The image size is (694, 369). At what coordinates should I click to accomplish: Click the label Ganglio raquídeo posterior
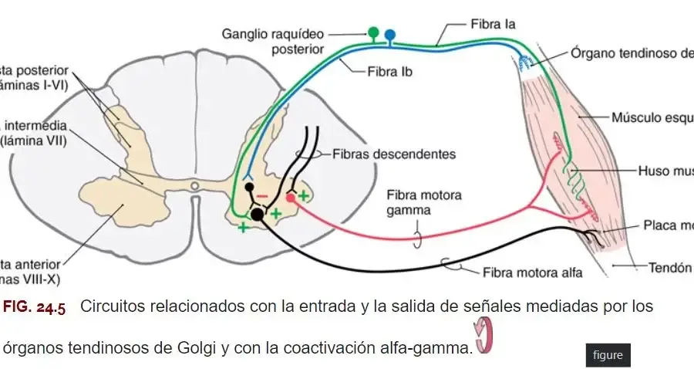[284, 42]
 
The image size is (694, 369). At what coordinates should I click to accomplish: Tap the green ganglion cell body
[373, 32]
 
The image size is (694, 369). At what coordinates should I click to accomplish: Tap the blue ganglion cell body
[390, 34]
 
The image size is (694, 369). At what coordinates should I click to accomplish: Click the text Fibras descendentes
[394, 154]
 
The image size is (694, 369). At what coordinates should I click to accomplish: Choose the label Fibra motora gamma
[424, 202]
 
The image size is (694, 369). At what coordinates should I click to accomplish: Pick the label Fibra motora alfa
[532, 272]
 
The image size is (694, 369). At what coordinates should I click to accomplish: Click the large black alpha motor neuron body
[258, 215]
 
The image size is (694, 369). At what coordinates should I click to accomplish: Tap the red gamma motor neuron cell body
[290, 198]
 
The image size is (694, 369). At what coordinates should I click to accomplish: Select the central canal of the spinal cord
[195, 185]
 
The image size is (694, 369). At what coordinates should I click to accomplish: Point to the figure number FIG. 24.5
[34, 307]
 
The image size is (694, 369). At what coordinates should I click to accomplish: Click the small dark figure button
[607, 355]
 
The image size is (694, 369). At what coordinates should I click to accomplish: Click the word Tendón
[668, 267]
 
